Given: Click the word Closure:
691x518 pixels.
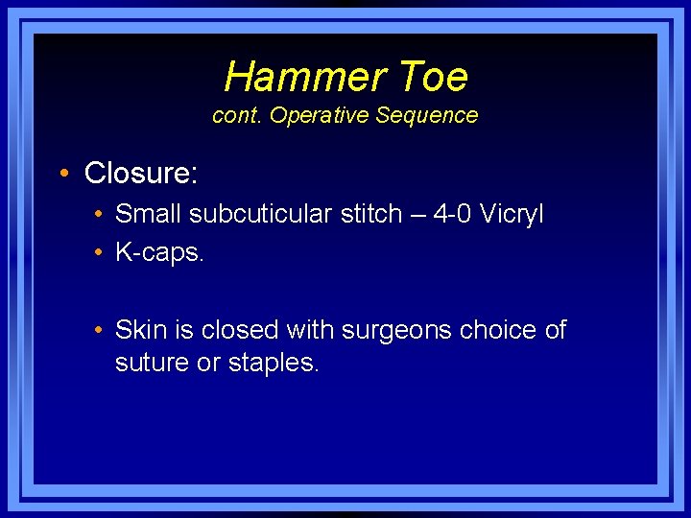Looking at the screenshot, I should pyautogui.click(x=141, y=174).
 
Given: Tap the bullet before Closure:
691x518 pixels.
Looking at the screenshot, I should pyautogui.click(x=62, y=174).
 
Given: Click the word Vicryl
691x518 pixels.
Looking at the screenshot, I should pyautogui.click(x=510, y=214).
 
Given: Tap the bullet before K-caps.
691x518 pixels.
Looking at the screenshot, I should pyautogui.click(x=99, y=253).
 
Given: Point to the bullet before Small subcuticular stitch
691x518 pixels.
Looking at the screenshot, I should pyautogui.click(x=99, y=214).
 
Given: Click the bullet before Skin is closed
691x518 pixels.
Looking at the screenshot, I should pyautogui.click(x=99, y=331).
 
